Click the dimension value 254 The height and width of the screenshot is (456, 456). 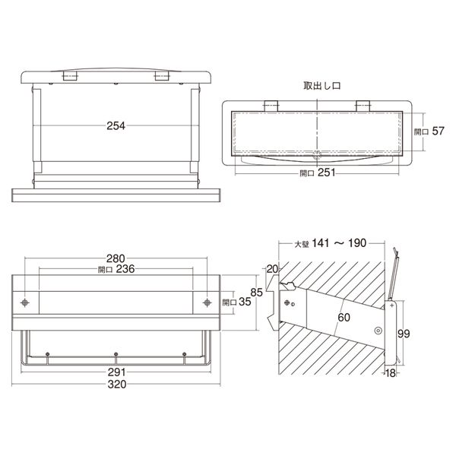tap(116, 126)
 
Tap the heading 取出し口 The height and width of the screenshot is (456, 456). tap(321, 86)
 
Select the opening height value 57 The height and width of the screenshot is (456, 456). tap(438, 131)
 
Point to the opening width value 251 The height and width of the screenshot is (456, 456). tap(326, 173)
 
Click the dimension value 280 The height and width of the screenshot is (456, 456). tap(116, 258)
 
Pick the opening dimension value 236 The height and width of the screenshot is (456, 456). tap(125, 269)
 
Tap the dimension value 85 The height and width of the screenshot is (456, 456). tap(257, 293)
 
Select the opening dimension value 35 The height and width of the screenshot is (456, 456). tap(245, 302)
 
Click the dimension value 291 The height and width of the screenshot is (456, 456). tap(116, 372)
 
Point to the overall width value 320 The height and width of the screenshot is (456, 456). tap(117, 385)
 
